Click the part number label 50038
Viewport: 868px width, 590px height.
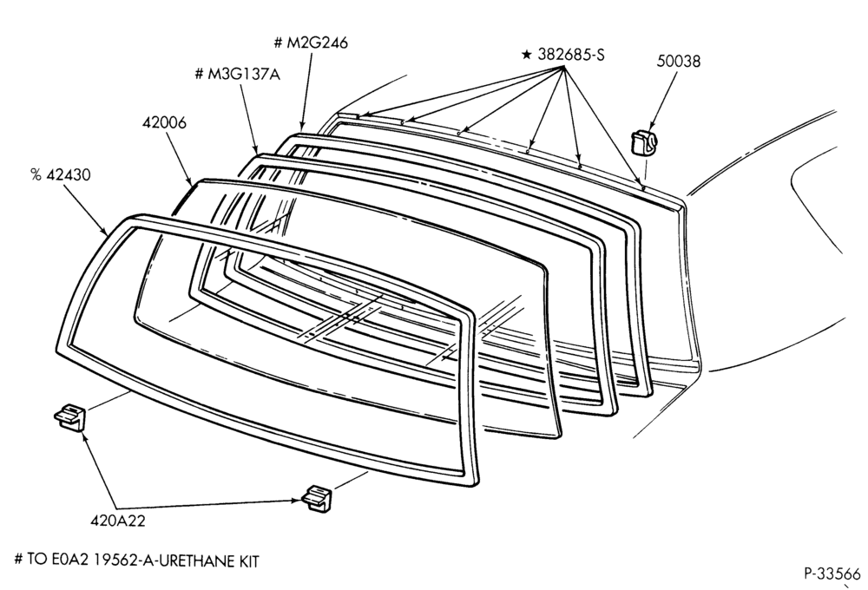pyautogui.click(x=678, y=61)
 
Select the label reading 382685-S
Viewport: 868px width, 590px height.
pyautogui.click(x=571, y=55)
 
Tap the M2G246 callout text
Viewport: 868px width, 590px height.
pyautogui.click(x=317, y=43)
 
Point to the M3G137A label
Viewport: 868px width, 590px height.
pyautogui.click(x=244, y=74)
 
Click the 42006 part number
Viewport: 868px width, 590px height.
pyautogui.click(x=164, y=122)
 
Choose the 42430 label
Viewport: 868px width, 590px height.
pyautogui.click(x=69, y=175)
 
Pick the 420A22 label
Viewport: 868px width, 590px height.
pyautogui.click(x=118, y=521)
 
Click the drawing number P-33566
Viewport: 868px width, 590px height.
pyautogui.click(x=832, y=574)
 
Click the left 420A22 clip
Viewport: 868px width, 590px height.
pyautogui.click(x=70, y=416)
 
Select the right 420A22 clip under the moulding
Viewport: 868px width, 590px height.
pyautogui.click(x=318, y=497)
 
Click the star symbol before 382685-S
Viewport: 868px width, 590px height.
pyautogui.click(x=527, y=55)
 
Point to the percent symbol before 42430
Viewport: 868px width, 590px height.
pyautogui.click(x=36, y=175)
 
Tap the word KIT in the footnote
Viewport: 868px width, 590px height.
pyautogui.click(x=248, y=560)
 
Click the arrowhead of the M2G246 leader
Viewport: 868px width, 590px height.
pyautogui.click(x=302, y=128)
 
